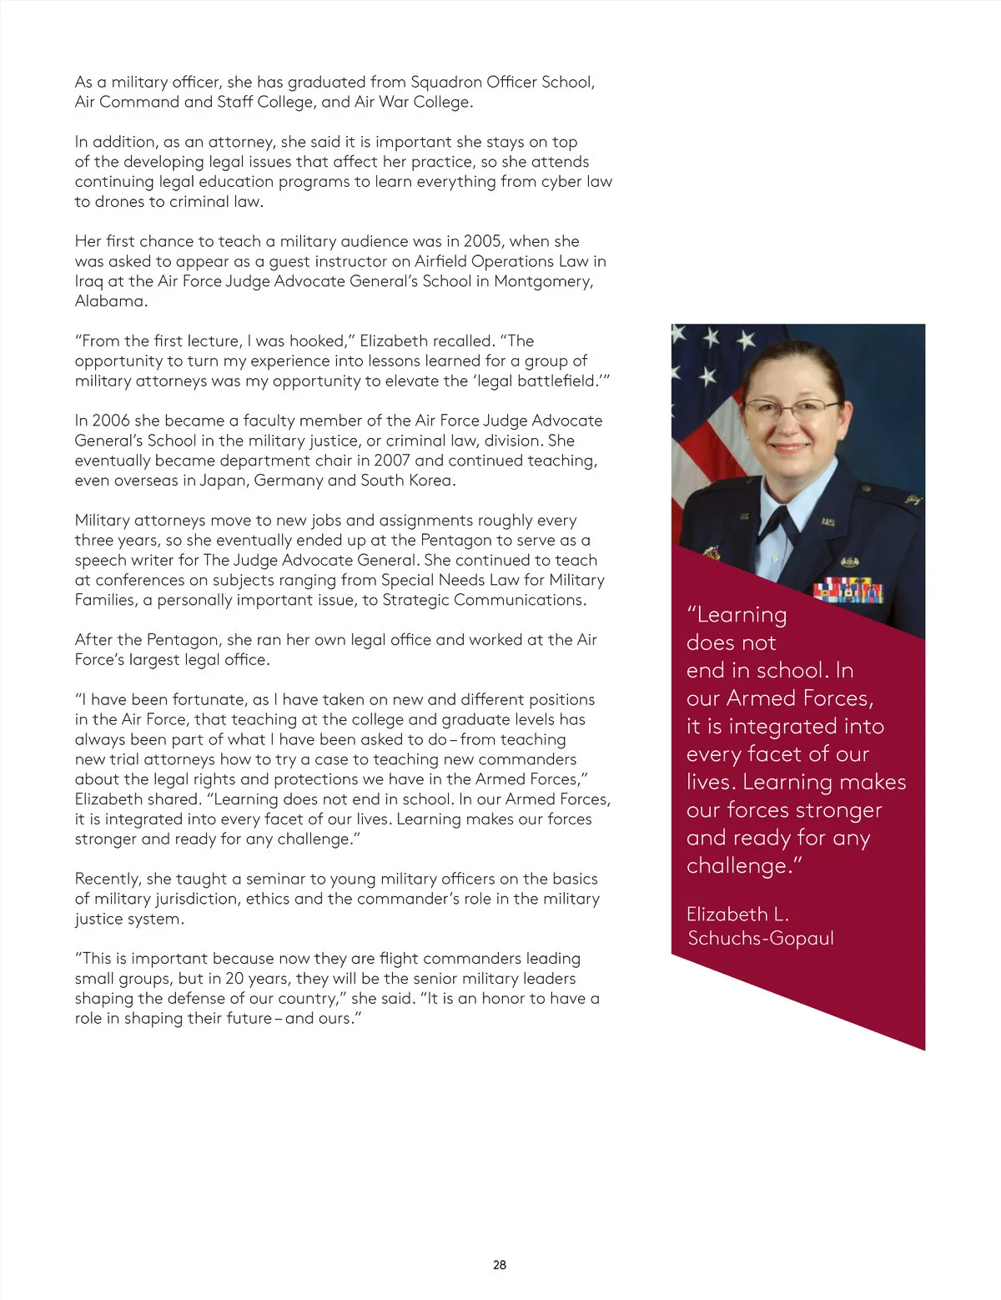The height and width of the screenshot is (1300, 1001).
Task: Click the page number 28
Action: tap(500, 1265)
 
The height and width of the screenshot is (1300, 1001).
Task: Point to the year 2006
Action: tap(111, 421)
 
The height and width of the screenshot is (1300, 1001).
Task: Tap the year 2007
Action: tap(392, 461)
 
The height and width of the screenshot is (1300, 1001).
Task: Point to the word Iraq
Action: tap(88, 281)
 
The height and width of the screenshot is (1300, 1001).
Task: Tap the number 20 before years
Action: tap(234, 979)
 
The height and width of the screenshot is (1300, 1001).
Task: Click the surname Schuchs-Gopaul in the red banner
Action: tap(761, 939)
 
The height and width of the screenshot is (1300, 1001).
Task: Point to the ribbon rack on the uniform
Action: tap(848, 590)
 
